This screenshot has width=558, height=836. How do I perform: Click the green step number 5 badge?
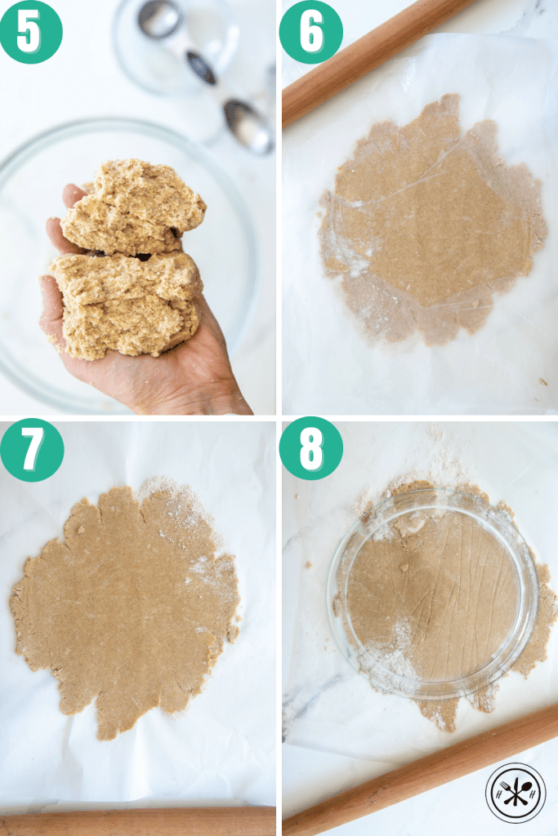(x=29, y=31)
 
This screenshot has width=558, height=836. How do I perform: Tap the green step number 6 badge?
(x=310, y=31)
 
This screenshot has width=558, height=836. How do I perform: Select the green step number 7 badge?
(x=31, y=449)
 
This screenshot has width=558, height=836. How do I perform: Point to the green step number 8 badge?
(x=310, y=449)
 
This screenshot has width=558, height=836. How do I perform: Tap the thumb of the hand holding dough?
(x=73, y=197)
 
